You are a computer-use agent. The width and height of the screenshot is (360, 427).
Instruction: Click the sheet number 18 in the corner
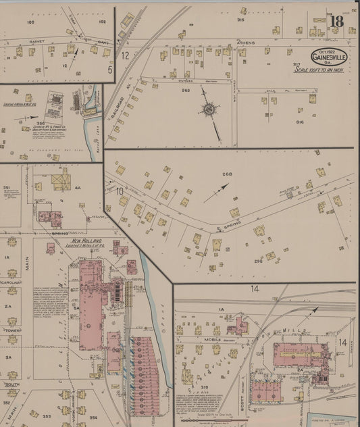[x=337, y=22]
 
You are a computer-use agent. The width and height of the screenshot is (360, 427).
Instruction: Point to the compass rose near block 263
[x=209, y=109]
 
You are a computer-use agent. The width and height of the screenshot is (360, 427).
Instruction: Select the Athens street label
[x=245, y=42]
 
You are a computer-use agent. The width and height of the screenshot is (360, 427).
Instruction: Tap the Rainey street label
[x=36, y=41]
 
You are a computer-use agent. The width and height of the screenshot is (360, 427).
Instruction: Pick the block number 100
[x=30, y=22]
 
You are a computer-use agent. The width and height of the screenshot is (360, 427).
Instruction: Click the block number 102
[x=102, y=22]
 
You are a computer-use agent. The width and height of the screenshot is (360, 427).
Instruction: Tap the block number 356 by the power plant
[x=41, y=123]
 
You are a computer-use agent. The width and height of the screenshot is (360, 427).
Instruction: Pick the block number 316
[x=299, y=122]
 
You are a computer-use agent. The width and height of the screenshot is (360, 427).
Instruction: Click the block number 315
[x=240, y=20]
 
